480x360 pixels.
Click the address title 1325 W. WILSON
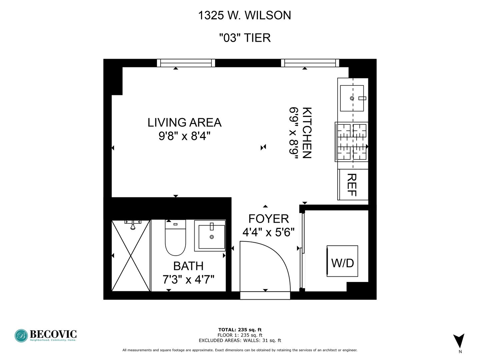tap(244, 16)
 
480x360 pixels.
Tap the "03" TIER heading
tap(245, 38)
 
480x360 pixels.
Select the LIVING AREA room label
tap(184, 123)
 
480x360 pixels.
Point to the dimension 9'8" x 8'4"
tap(184, 136)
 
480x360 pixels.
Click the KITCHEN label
tap(307, 133)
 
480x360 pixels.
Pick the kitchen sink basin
tap(352, 98)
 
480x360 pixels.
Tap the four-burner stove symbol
tap(352, 142)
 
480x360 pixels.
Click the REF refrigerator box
tap(353, 185)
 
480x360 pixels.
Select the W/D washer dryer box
tap(342, 261)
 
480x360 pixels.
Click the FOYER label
tap(269, 219)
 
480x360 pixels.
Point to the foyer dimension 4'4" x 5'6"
tap(269, 232)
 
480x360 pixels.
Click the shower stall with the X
tap(131, 256)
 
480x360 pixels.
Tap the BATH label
tap(188, 266)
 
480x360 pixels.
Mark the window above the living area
tap(186, 63)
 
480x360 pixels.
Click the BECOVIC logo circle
tap(21, 336)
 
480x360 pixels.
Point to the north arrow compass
tap(459, 341)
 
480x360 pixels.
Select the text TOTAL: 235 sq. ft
tap(240, 330)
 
